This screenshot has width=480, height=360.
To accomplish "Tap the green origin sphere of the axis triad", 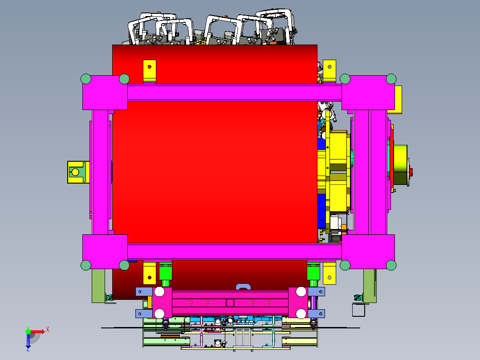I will tap(28, 331).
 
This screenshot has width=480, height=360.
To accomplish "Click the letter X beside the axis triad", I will tap(47, 330).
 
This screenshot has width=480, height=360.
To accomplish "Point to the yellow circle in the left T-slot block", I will tap(75, 172).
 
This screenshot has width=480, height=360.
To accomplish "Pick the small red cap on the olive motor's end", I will tap(411, 172).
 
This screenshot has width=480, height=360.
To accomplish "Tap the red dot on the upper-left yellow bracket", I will tap(150, 67).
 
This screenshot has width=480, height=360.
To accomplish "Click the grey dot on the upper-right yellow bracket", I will tap(329, 66).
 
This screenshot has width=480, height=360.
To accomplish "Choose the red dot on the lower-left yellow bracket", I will tap(150, 278).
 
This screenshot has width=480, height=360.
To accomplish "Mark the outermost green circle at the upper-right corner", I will tap(391, 79).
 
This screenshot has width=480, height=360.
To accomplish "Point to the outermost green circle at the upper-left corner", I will tap(86, 79).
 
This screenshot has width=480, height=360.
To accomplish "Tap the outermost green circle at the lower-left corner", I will tap(86, 266).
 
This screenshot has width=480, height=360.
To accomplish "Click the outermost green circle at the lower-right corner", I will tap(391, 266).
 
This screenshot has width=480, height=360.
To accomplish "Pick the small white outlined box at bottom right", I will tap(359, 310).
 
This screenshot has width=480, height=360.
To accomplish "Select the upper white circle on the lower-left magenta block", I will tap(159, 292).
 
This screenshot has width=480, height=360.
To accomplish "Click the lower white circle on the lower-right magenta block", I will tap(301, 313).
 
